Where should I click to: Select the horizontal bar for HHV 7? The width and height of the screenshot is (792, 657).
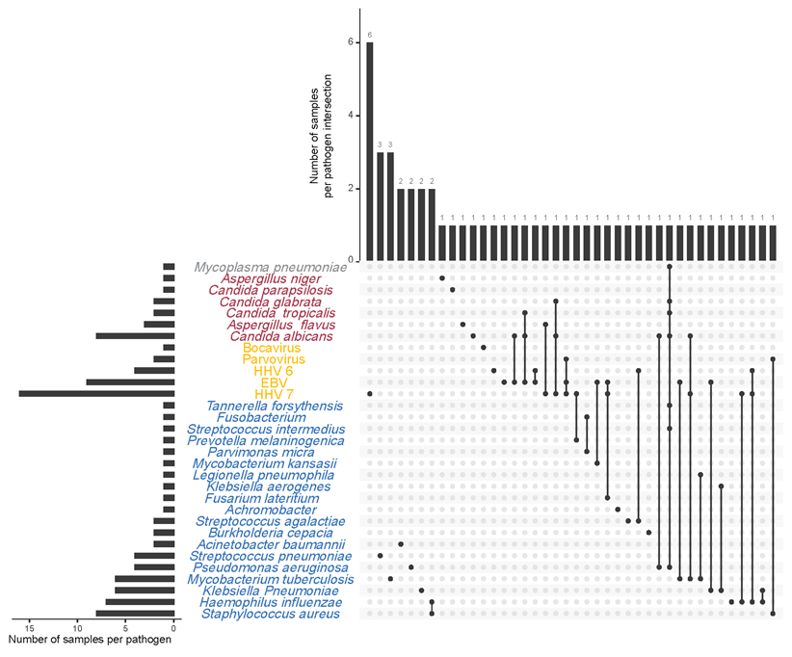click(96, 393)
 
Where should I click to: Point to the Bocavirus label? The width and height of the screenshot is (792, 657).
click(269, 348)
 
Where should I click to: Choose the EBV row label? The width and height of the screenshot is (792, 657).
click(274, 382)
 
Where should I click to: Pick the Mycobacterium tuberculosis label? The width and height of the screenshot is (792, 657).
click(270, 579)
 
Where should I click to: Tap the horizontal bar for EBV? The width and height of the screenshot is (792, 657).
click(130, 381)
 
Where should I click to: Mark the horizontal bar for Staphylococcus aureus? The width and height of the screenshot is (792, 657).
click(135, 613)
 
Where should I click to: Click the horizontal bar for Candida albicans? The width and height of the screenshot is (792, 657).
click(135, 335)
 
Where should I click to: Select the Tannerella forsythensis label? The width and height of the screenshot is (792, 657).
click(274, 406)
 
